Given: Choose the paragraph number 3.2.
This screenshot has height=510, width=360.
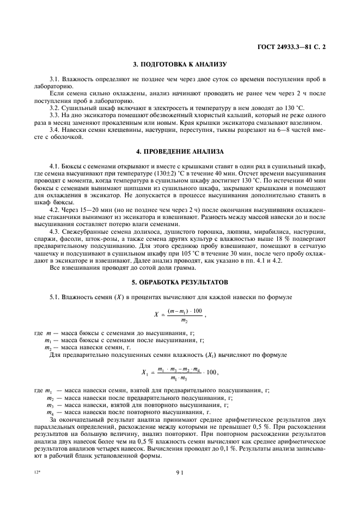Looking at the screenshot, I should tap(56, 101).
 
